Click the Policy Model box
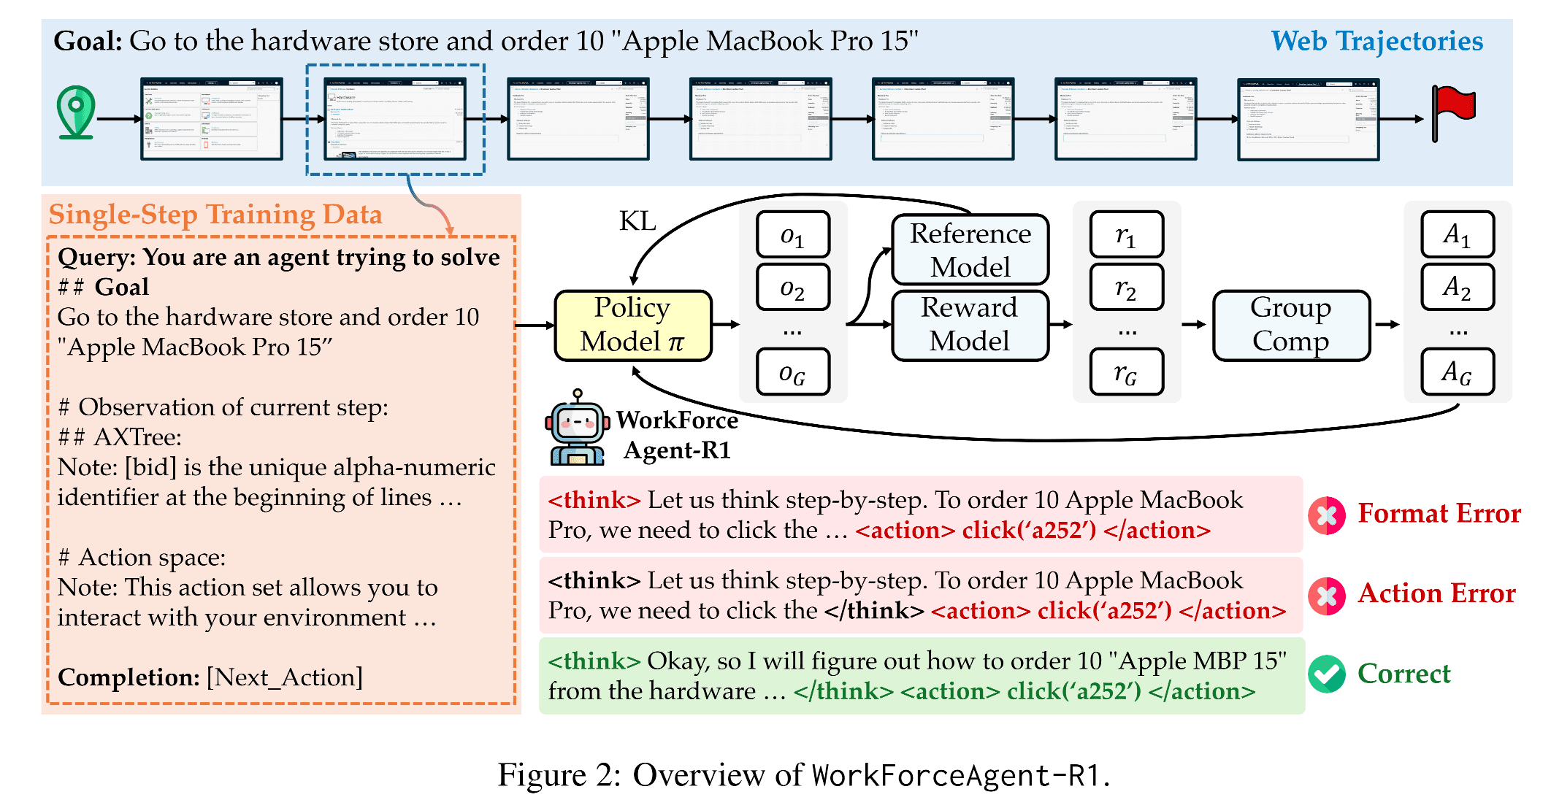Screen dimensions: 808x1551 click(632, 326)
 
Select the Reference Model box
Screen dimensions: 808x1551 click(970, 250)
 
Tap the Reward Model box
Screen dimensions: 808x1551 click(970, 325)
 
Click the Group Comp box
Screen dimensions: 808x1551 click(1290, 325)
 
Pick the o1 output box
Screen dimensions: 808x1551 click(793, 235)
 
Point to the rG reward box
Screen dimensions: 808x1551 click(1126, 373)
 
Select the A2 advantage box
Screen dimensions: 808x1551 click(1457, 287)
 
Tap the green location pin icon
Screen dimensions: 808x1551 click(76, 112)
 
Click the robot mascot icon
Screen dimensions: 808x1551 click(577, 430)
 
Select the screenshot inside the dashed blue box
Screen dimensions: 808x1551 click(394, 119)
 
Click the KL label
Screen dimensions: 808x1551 click(637, 220)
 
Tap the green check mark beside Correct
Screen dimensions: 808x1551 click(1326, 674)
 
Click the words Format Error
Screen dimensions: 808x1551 click(1439, 513)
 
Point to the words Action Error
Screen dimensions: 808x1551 click(1436, 593)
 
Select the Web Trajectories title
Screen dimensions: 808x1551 click(1376, 41)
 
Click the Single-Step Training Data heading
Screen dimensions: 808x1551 click(215, 215)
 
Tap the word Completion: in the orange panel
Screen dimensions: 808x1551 click(129, 677)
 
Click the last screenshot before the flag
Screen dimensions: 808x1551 click(1307, 119)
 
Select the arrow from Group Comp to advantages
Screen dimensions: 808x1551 click(1387, 325)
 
